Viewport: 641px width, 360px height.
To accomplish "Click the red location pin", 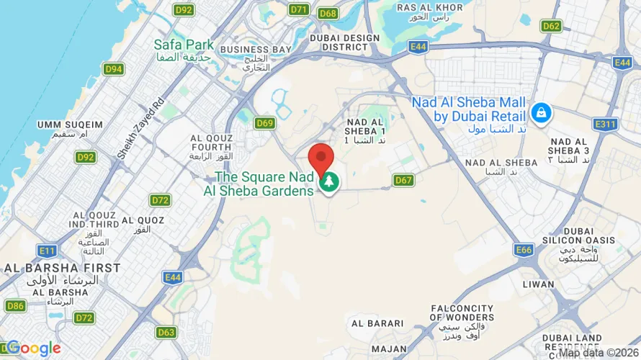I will click(320, 157).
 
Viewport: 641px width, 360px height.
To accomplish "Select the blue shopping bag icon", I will click(540, 112).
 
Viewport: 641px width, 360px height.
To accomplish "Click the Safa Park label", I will click(184, 45).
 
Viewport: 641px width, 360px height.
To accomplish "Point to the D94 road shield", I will click(113, 68).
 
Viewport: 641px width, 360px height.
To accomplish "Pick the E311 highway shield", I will click(606, 124).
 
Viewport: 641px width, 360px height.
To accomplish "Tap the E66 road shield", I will click(524, 250).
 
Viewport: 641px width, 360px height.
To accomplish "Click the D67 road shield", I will click(404, 180).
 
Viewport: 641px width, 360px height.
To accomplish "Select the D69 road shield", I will click(265, 123).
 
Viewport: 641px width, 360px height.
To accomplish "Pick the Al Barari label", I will click(372, 323).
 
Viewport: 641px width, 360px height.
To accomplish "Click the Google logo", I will click(34, 349).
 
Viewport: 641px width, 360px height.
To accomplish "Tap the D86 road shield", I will click(15, 306).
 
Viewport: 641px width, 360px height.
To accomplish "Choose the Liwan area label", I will click(540, 284).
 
